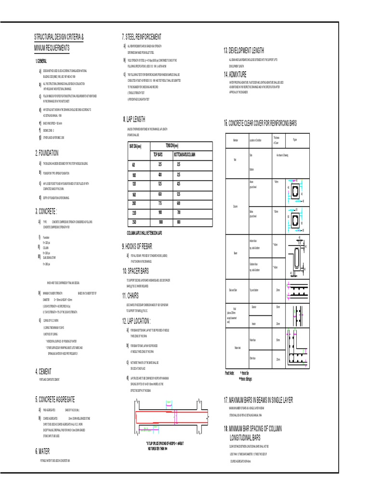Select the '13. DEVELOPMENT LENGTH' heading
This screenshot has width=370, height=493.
pyautogui.click(x=243, y=51)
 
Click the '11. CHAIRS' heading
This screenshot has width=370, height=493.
pyautogui.click(x=134, y=295)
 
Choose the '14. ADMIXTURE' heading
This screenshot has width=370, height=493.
pyautogui.click(x=235, y=74)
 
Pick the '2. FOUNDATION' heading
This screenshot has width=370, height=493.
pyautogui.click(x=47, y=153)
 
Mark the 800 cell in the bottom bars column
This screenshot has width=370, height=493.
pyautogui.click(x=178, y=222)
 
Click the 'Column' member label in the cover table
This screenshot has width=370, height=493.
pyautogui.click(x=236, y=206)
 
